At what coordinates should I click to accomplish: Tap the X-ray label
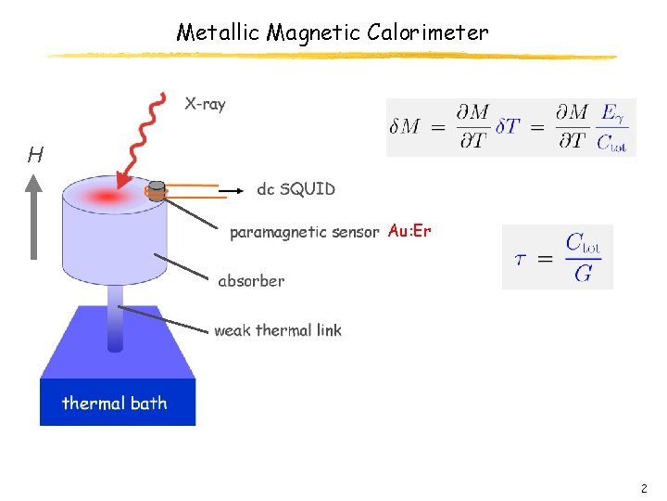205,104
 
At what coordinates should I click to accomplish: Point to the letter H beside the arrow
35,155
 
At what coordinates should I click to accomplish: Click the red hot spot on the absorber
107,196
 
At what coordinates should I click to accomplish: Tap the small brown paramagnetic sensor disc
157,190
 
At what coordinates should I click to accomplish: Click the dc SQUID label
296,189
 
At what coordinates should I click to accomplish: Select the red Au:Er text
409,231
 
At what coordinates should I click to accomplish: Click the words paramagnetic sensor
304,232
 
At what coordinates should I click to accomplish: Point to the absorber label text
251,280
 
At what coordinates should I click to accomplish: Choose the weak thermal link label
277,330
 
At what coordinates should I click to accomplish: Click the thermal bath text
114,403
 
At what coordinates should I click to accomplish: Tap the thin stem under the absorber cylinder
115,316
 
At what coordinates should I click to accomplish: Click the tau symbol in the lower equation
522,259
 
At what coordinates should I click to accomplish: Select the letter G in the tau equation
583,273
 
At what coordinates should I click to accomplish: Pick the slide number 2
644,488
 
